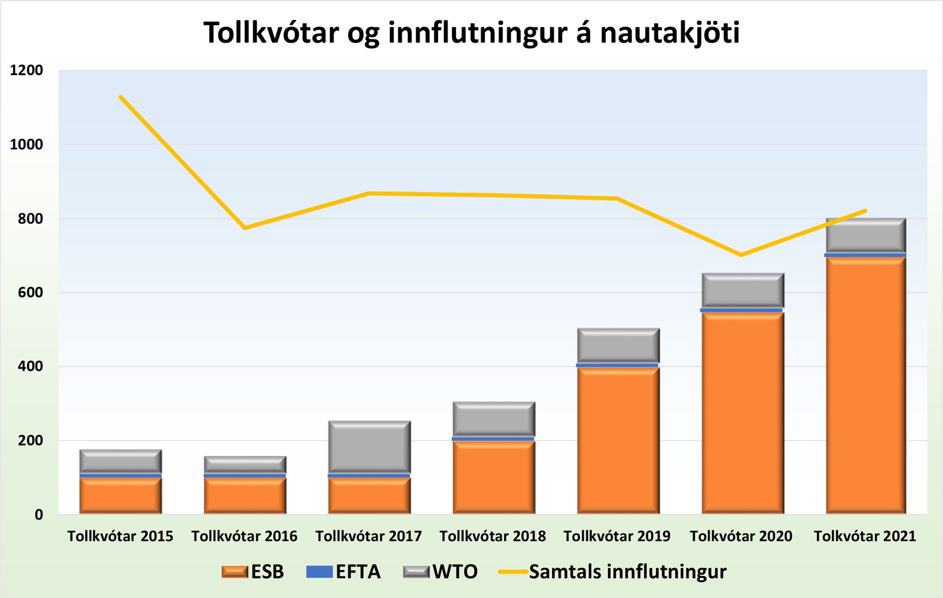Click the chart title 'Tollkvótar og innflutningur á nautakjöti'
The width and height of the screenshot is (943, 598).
click(471, 33)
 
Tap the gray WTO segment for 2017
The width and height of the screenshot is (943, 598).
click(369, 447)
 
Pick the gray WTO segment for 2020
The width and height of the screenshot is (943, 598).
click(743, 290)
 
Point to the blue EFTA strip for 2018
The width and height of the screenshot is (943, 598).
click(493, 439)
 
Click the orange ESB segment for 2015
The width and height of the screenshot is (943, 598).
click(121, 496)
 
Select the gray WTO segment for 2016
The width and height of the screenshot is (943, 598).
click(245, 464)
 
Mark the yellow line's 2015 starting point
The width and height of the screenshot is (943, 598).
click(121, 97)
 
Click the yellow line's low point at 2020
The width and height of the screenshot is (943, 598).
click(741, 255)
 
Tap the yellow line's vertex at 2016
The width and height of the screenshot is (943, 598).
click(245, 228)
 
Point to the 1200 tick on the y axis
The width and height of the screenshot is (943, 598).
click(26, 70)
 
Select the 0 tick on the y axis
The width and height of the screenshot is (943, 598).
click(39, 514)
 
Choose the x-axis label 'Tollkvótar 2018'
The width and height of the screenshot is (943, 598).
click(493, 536)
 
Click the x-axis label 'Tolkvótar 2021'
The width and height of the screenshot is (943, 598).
click(865, 536)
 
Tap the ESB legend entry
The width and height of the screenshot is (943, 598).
click(253, 572)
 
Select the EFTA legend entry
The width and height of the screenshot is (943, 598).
click(343, 572)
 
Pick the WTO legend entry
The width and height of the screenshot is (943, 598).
click(440, 572)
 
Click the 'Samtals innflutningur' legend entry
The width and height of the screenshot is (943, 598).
click(613, 572)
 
